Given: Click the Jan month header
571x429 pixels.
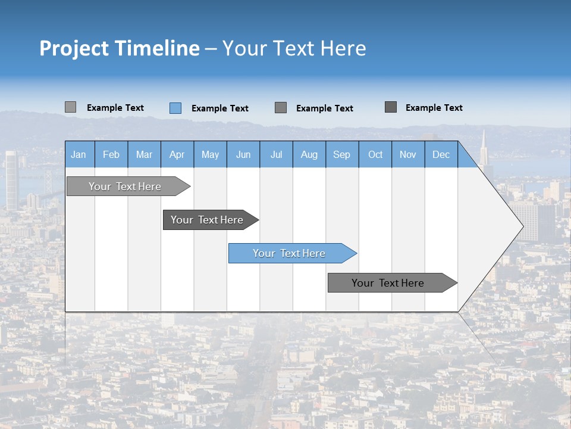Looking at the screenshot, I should [x=79, y=154].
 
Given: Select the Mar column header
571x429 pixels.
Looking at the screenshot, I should [x=144, y=154].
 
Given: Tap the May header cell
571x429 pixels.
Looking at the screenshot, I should [x=210, y=154].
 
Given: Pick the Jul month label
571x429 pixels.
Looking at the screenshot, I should [x=276, y=154].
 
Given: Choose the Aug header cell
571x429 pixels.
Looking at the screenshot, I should [x=309, y=154].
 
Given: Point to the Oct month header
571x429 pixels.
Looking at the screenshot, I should [x=375, y=154].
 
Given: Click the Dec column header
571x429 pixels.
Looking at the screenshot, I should [x=441, y=154].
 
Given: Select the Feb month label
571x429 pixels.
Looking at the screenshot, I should [x=111, y=154].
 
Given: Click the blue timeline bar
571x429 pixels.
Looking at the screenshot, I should [x=289, y=253].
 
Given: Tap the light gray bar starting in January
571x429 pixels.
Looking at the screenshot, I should [x=125, y=186].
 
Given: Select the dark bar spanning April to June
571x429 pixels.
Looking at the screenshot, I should [x=207, y=220].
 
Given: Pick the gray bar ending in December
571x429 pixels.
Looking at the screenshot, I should [x=388, y=283].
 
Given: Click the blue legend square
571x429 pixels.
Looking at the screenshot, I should [x=175, y=108].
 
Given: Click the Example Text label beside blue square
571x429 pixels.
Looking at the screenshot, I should [x=219, y=108].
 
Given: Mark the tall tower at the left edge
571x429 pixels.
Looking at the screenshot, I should [x=11, y=179].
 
